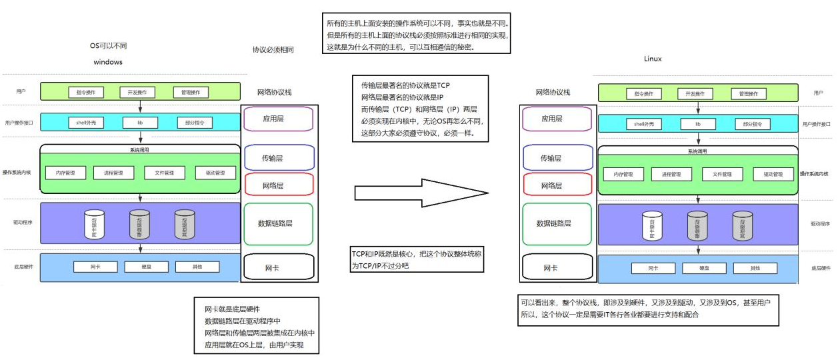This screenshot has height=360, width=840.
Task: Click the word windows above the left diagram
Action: tap(108, 62)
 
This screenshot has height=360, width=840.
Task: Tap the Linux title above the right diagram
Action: tap(653, 59)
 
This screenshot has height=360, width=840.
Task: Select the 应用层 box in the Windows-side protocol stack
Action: tap(278, 119)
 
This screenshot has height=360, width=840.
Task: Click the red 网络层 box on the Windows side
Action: tap(278, 184)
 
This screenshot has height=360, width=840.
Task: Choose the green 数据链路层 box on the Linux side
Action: tap(557, 223)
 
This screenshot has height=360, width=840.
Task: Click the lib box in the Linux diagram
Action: tap(698, 124)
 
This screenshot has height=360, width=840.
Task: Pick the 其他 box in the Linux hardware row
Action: tap(755, 268)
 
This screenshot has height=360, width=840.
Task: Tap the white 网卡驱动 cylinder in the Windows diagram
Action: tap(94, 225)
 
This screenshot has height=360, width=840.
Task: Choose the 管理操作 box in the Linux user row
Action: tap(749, 93)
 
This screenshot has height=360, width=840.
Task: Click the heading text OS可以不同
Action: tap(108, 46)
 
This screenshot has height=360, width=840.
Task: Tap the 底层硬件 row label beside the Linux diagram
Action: tap(820, 268)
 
